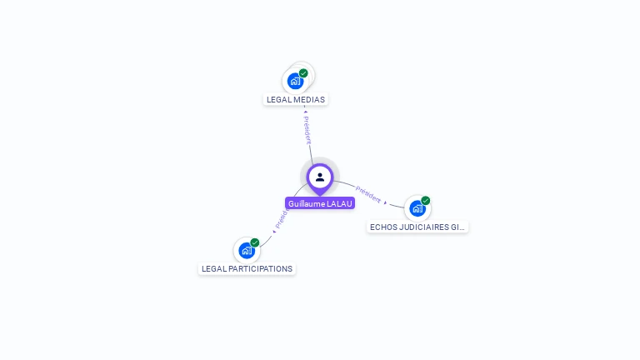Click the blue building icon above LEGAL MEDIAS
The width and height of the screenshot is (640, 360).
click(295, 81)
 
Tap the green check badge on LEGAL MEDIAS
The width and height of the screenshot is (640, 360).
click(303, 73)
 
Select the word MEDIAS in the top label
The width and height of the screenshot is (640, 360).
click(309, 100)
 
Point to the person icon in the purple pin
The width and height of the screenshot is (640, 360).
click(320, 177)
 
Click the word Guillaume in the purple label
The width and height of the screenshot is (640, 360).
click(306, 203)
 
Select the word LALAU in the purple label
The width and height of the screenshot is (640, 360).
click(340, 203)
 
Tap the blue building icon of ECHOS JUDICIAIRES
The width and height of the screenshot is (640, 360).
click(417, 208)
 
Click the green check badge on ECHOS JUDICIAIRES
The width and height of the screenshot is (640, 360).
click(425, 201)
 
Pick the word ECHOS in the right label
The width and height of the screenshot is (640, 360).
click(382, 227)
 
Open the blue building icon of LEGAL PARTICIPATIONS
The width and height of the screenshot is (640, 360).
click(246, 250)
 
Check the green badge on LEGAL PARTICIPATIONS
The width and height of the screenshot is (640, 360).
click(254, 242)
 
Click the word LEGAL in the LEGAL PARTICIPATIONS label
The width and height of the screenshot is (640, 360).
click(212, 269)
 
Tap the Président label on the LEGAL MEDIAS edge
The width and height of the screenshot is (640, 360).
click(307, 130)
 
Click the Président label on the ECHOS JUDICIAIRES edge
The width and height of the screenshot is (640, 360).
click(368, 194)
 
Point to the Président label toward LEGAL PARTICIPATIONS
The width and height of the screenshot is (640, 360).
click(281, 218)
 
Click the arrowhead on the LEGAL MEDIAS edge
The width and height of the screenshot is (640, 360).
click(305, 112)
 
